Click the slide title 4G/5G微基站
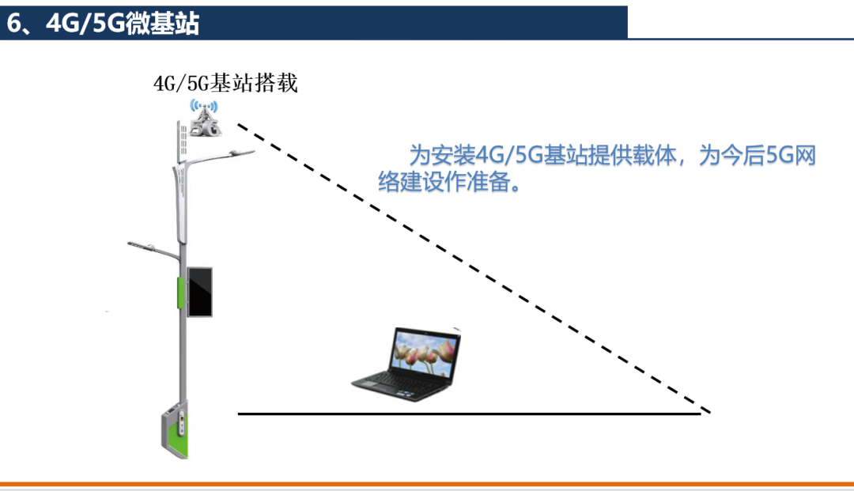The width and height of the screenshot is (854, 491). click(x=123, y=24)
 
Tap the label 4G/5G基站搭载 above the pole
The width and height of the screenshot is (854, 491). click(x=225, y=83)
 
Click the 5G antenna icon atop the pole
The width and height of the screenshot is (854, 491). click(x=205, y=118)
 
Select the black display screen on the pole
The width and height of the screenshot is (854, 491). click(x=200, y=292)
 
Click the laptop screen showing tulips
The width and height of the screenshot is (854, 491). click(x=425, y=354)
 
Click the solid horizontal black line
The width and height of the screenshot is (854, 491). click(x=470, y=414)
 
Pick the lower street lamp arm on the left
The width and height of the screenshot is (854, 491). click(x=153, y=250)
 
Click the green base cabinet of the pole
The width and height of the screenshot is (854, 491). click(x=175, y=430)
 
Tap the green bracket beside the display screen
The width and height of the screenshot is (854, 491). click(x=180, y=293)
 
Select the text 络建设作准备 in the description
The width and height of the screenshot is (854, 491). click(x=444, y=182)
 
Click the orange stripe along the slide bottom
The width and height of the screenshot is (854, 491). click(x=427, y=484)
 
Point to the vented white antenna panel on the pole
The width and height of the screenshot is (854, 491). click(x=182, y=141)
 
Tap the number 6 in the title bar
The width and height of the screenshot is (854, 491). click(x=14, y=24)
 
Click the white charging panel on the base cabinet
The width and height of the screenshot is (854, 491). click(x=182, y=423)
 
